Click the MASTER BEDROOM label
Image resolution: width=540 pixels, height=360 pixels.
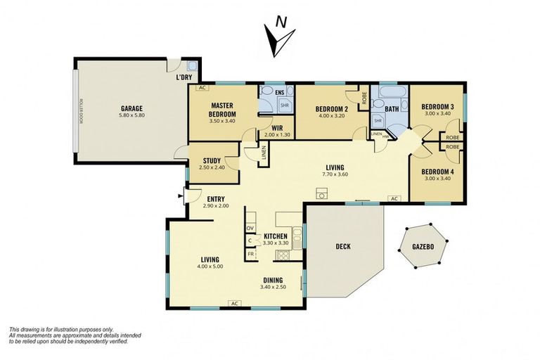click(223, 110)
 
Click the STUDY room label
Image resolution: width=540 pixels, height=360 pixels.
click(212, 160)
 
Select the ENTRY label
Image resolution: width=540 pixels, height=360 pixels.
click(216, 198)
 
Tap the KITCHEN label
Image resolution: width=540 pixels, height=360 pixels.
click(275, 236)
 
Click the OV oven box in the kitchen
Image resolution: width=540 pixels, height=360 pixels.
click(250, 229)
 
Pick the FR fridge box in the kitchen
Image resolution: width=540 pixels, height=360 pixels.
click(250, 254)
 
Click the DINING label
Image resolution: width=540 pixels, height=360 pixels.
click(273, 279)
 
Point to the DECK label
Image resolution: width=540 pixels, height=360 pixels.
click(342, 247)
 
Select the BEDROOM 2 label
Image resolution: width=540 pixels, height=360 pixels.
click(331, 108)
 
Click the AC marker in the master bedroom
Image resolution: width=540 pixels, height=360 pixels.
click(201, 89)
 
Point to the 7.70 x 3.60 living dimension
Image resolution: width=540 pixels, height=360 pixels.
click(333, 174)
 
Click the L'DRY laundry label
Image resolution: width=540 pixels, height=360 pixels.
click(184, 77)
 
